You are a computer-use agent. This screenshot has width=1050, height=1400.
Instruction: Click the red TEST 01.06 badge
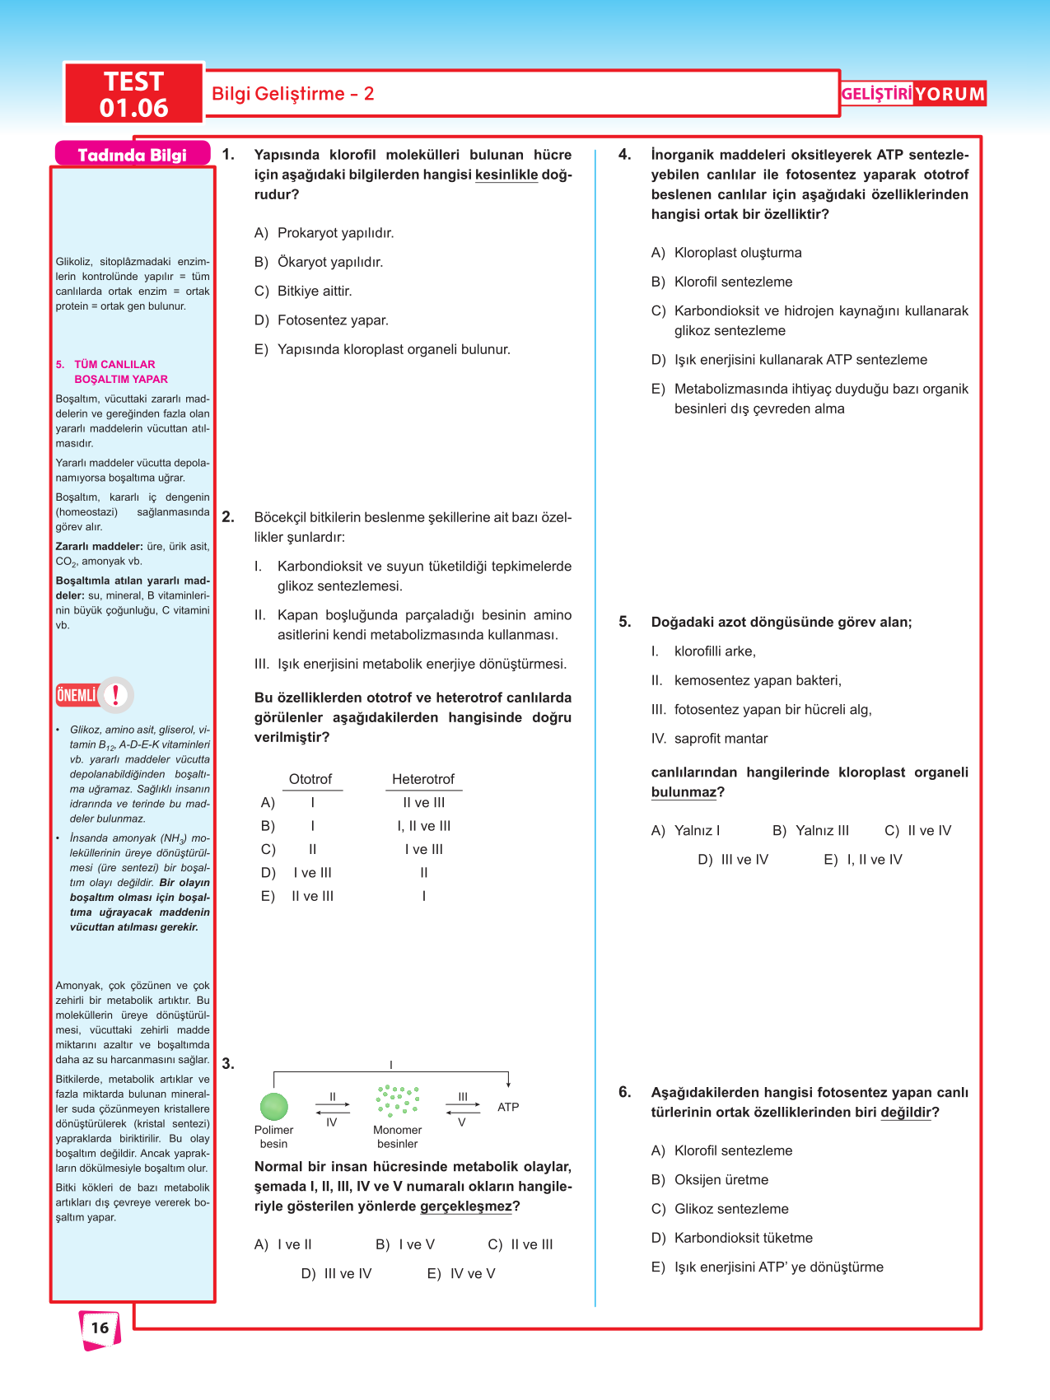coord(133,94)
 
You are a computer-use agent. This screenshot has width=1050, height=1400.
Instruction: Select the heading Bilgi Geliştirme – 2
coord(292,94)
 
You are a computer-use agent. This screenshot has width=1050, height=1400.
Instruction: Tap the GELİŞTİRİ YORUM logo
coord(912,94)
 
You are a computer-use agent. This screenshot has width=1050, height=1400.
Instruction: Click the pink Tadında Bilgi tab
coord(132,155)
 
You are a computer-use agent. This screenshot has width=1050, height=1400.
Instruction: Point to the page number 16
coord(100,1328)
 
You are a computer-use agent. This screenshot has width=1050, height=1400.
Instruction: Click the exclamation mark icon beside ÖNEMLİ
coord(116,695)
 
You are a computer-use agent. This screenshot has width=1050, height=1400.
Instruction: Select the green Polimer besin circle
coord(273,1106)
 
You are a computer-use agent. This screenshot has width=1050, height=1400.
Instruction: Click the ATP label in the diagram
coord(508,1107)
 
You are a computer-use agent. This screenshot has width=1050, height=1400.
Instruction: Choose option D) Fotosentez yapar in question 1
coord(321,320)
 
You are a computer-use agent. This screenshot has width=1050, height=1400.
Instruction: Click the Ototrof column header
coord(310,779)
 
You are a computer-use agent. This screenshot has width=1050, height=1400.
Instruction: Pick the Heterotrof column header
coord(423,779)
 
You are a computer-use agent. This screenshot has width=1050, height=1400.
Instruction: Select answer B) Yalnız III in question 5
coord(811,830)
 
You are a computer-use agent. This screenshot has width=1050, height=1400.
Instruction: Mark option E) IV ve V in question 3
coord(461,1273)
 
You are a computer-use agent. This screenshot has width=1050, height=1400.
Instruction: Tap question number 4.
coord(625,155)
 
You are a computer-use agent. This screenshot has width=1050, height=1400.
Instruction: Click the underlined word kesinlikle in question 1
coord(506,175)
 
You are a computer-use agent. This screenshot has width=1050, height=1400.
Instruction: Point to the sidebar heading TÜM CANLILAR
coord(114,364)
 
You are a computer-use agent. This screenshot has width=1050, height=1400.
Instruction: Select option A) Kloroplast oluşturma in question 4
coord(726,253)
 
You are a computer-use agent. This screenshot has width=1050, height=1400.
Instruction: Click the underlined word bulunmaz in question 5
coord(684,792)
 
